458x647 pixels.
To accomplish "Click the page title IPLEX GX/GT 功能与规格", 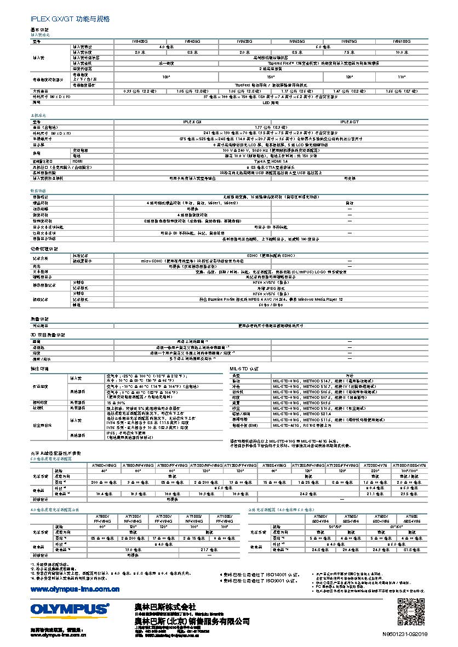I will coord(70,19).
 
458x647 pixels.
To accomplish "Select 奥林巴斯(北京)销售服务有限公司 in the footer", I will coord(192,621).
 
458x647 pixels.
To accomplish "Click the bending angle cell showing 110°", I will coord(402,77).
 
